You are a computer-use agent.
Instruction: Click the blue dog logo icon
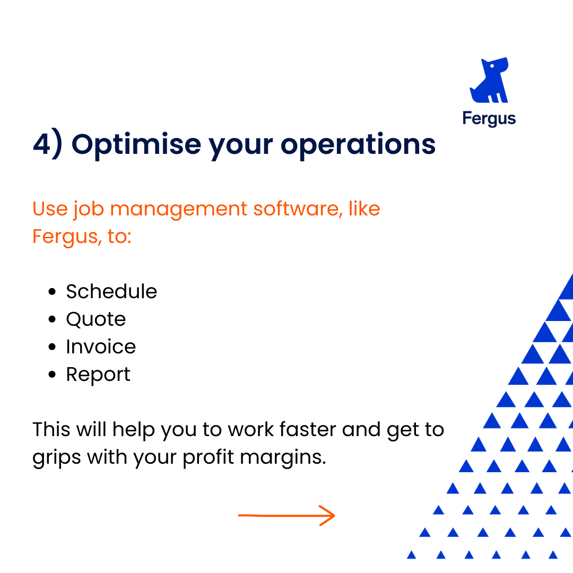tap(489, 81)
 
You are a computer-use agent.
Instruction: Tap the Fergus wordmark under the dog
tap(489, 118)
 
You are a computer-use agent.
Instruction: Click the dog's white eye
tap(492, 66)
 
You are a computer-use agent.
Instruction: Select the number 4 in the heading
tap(42, 144)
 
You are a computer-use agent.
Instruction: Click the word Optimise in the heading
tap(136, 145)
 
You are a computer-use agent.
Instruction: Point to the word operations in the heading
tap(358, 144)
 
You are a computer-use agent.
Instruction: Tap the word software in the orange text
tap(298, 209)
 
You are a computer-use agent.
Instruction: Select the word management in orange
tap(178, 210)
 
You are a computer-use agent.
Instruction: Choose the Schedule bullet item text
tap(111, 291)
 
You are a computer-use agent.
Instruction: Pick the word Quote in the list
tap(96, 319)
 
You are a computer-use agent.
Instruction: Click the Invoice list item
tap(101, 346)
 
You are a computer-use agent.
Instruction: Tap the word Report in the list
tap(98, 375)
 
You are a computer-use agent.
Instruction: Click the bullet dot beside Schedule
tap(52, 292)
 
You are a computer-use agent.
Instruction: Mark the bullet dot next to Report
tap(52, 374)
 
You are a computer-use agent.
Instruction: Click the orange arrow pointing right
tap(286, 516)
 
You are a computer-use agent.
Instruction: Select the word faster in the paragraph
tap(308, 429)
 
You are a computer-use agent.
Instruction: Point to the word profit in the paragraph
tap(209, 457)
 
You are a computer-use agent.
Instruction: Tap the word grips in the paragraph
tap(57, 458)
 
